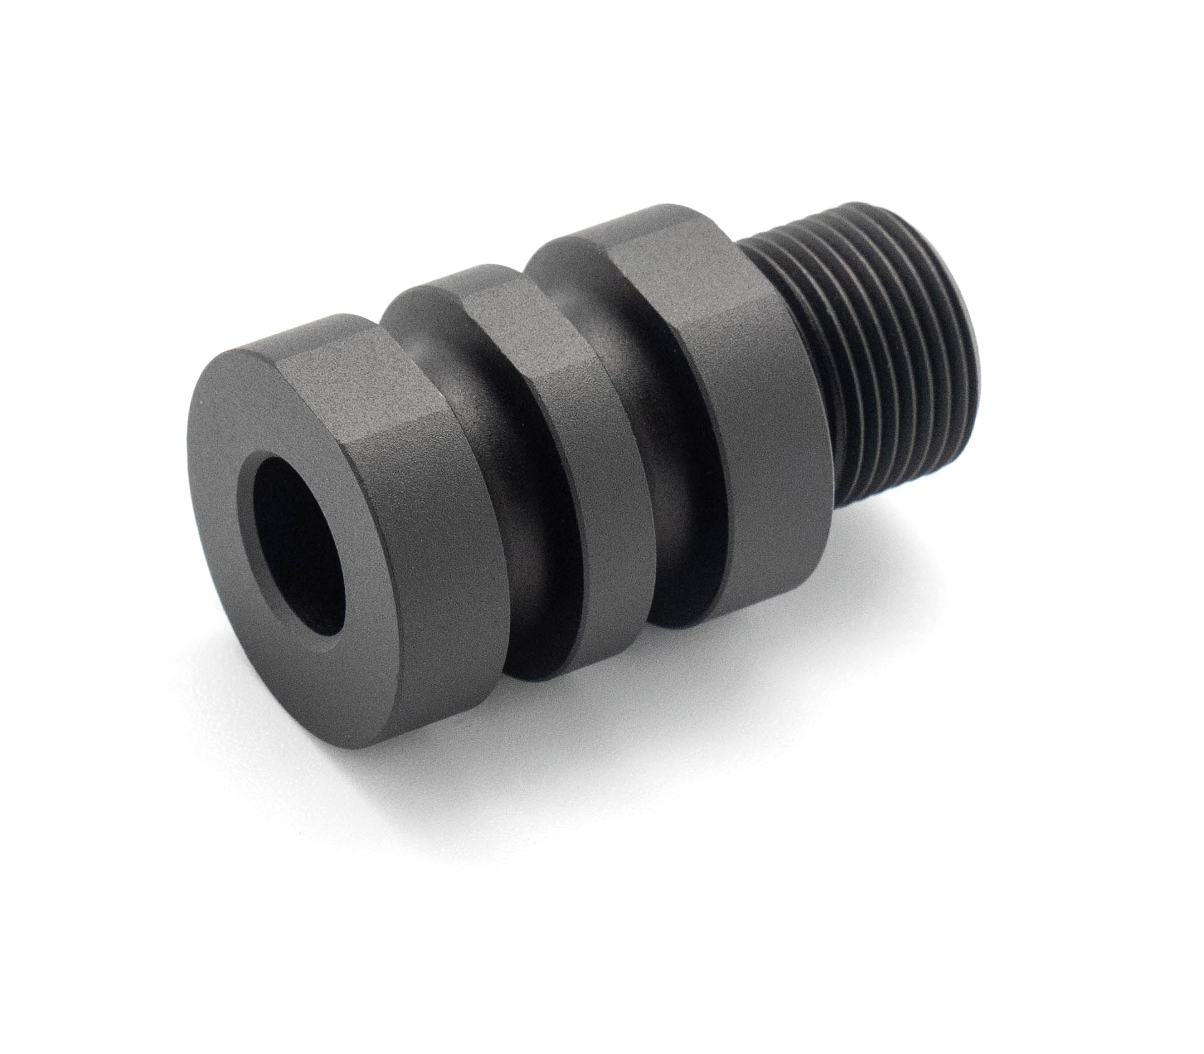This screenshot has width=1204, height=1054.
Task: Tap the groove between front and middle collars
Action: [516, 529]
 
